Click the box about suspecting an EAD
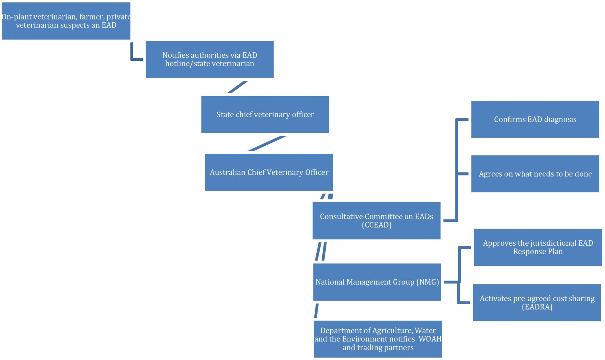point(66,21)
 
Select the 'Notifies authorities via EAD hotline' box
point(209,59)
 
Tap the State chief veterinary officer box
point(265,114)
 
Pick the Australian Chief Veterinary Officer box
point(269,172)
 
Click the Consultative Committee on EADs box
point(376,221)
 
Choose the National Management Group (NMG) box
point(377,282)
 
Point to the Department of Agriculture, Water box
point(378,339)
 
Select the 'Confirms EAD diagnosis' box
point(535,119)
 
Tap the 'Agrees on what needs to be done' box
point(535,174)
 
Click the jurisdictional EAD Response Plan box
point(538,247)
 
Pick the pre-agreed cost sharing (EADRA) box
point(537,302)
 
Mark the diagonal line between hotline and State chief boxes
point(237,87)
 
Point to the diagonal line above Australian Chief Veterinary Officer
point(267,144)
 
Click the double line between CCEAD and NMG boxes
point(321,252)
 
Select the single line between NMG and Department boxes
point(316,311)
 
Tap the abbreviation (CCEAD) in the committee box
point(376,225)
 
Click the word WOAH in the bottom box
point(430,339)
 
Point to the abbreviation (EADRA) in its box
point(537,307)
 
